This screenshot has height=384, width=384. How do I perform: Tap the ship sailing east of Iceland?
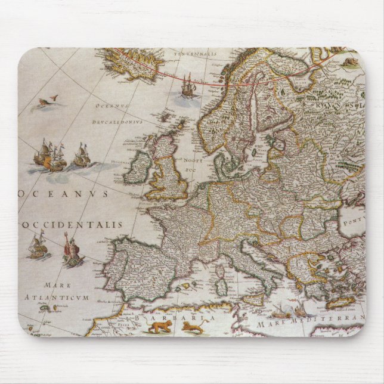187,85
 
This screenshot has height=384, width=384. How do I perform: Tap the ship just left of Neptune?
38,246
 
